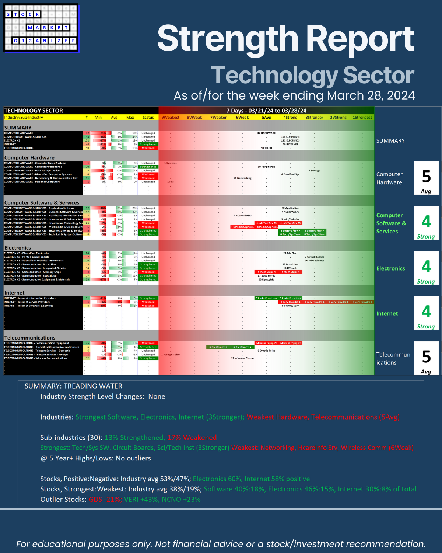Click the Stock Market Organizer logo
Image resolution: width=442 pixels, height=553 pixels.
41,28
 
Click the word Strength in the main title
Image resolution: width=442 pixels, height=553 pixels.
227,38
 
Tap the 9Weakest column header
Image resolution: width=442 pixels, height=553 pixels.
171,118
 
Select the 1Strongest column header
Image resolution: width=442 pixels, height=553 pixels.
362,118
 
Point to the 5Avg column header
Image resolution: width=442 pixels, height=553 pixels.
266,118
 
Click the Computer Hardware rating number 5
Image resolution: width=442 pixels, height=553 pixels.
426,177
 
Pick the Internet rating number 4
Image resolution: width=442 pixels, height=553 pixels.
426,312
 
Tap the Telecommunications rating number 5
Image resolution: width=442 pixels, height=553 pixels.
426,357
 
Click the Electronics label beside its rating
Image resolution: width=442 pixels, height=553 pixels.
390,268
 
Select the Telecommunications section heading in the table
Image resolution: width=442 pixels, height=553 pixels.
30,338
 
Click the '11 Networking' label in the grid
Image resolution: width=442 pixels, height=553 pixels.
242,178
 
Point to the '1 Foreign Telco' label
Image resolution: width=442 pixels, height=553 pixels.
171,355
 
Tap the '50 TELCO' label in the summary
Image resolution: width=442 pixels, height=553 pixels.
266,148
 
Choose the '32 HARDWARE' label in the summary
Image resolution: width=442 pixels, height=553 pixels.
266,133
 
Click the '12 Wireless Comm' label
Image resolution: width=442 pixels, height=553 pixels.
242,358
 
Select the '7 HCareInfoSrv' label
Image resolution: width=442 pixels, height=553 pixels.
242,216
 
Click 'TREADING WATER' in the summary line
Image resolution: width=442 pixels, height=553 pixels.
93,386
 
